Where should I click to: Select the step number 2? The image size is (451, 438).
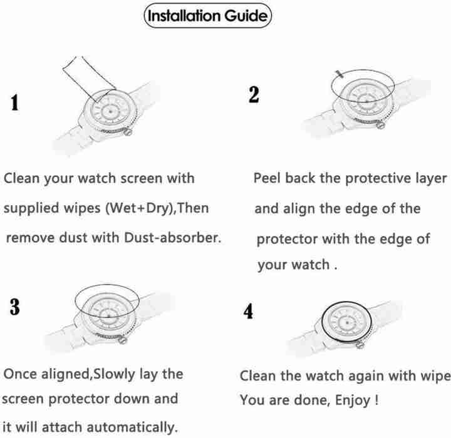pos(253,95)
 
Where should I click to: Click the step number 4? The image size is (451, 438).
pos(249,312)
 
